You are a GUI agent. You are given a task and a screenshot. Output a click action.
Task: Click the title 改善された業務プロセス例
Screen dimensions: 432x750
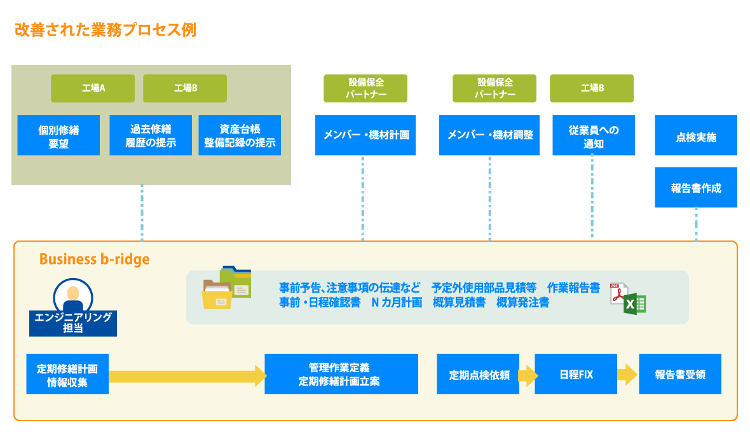(x=106, y=30)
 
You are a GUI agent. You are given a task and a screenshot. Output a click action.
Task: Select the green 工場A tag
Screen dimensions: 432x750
(x=93, y=88)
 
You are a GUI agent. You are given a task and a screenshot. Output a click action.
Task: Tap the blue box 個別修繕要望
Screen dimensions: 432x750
(x=58, y=136)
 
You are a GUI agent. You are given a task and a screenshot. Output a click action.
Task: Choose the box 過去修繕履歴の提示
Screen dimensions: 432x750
(x=151, y=136)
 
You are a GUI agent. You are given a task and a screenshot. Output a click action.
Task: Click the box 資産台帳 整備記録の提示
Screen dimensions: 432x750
(x=240, y=136)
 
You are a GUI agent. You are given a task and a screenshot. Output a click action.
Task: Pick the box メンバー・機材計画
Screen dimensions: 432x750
(x=365, y=135)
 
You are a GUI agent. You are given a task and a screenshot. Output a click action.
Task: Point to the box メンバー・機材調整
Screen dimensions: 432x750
(x=489, y=135)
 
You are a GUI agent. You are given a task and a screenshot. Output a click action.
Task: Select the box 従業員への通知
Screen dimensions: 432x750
(x=594, y=136)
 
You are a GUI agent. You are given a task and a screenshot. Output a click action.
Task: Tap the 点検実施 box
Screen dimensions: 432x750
(x=696, y=136)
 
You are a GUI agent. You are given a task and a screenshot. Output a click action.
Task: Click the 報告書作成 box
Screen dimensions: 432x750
(x=696, y=188)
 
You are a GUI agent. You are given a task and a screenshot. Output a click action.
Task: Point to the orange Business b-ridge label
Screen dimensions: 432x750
(x=95, y=259)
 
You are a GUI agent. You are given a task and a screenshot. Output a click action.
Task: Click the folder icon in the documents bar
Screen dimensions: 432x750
(x=226, y=288)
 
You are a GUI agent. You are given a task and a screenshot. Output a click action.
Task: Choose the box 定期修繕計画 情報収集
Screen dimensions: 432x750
(x=67, y=374)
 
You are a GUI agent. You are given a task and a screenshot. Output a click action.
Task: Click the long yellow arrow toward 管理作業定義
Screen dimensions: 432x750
(x=187, y=375)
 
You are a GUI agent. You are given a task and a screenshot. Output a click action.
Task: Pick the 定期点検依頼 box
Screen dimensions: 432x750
(x=478, y=374)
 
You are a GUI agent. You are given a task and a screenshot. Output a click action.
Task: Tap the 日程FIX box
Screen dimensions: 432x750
(x=576, y=374)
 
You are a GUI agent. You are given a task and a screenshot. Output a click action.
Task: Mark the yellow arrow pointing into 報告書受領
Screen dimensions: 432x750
(x=627, y=374)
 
